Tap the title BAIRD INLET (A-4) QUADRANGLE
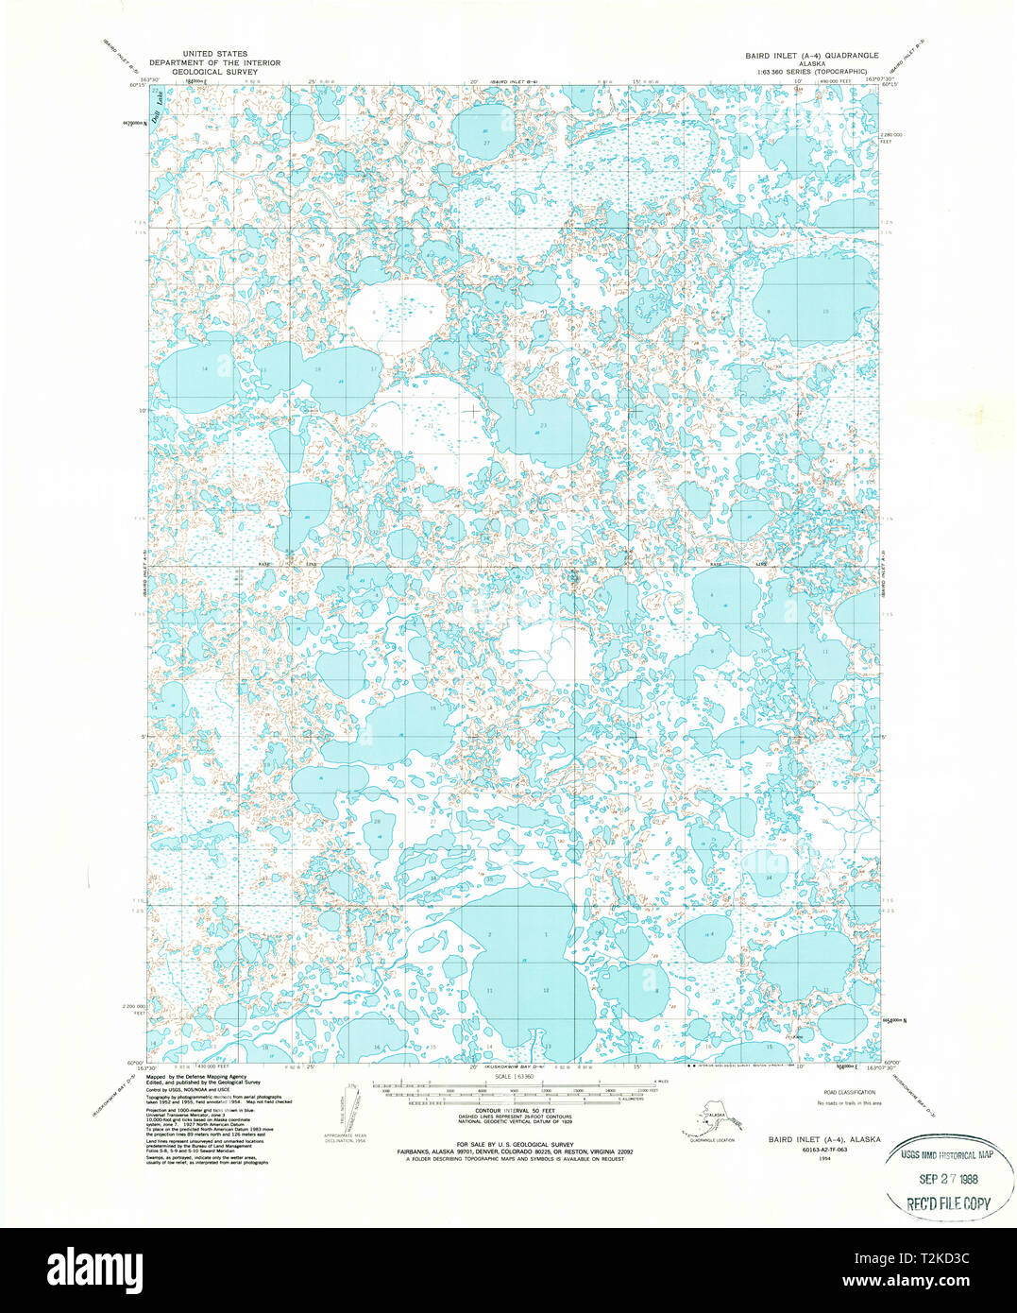tap(810, 55)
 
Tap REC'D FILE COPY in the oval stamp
tap(948, 1203)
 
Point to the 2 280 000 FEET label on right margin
tap(893, 136)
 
